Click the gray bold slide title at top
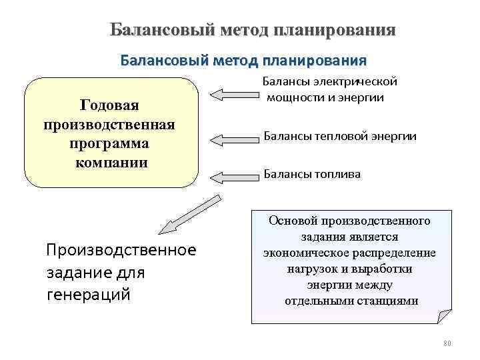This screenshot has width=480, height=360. click(x=253, y=31)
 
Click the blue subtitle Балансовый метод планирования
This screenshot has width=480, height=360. click(x=243, y=61)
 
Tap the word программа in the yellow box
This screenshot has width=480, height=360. click(x=109, y=144)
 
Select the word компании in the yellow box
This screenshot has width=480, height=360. click(x=111, y=163)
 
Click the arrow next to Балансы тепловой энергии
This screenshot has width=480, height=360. click(x=234, y=139)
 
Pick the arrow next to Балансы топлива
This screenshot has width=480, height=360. click(x=234, y=176)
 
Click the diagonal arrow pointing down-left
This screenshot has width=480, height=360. click(x=191, y=214)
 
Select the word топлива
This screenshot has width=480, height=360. click(x=339, y=174)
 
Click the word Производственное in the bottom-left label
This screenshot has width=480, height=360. click(x=121, y=249)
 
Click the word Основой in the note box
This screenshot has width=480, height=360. click(x=291, y=220)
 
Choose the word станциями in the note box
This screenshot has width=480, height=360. click(x=389, y=301)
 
